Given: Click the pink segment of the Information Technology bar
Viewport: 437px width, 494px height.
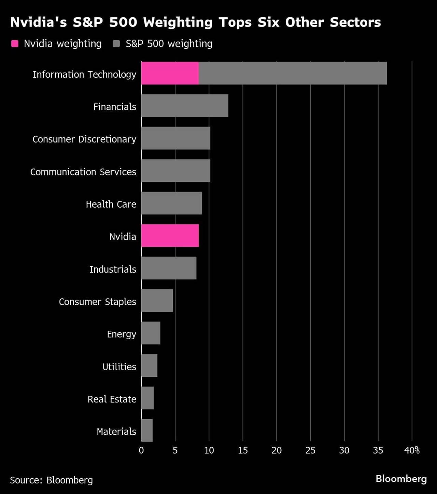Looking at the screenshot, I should click(170, 73).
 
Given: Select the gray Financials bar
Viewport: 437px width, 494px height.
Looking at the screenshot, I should click(185, 106).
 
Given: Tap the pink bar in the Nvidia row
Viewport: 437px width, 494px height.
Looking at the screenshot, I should click(170, 236).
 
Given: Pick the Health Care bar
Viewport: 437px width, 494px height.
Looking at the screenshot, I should click(171, 203).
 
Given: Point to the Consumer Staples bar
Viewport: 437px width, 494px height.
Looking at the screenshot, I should click(157, 301).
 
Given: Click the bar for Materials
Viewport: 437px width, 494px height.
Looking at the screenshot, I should click(147, 430).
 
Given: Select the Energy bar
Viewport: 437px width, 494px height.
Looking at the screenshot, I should click(151, 333).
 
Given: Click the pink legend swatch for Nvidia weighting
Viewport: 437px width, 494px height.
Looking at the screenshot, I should click(15, 44).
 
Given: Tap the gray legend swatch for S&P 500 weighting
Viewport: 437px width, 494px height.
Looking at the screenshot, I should click(116, 44).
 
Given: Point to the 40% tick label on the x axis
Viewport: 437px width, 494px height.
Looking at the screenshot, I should click(412, 450).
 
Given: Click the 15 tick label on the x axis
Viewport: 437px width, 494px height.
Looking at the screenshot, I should click(243, 450).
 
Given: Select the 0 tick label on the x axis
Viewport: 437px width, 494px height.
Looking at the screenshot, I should click(141, 450).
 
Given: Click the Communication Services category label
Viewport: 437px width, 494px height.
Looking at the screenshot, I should click(83, 172).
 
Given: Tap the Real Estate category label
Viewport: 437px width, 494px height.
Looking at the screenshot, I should click(112, 399).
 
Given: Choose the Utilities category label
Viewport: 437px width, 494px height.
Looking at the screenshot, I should click(119, 367).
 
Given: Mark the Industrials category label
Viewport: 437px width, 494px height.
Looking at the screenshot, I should click(113, 269).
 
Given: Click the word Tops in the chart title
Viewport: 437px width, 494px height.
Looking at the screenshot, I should click(235, 23).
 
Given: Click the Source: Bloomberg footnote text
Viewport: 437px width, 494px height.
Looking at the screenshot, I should click(51, 480).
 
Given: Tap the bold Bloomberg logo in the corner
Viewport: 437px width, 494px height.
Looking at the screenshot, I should click(401, 479).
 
